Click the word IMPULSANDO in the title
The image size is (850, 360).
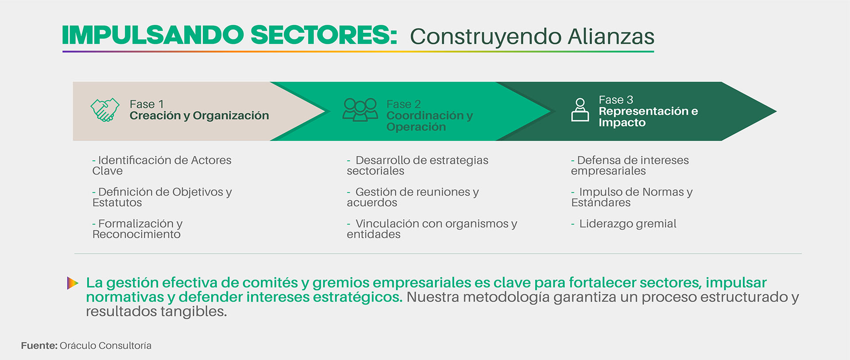point(153,35)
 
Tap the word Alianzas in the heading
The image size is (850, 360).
point(611,36)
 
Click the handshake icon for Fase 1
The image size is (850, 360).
point(105,110)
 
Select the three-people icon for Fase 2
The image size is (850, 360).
point(360,110)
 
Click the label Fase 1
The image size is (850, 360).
point(147,104)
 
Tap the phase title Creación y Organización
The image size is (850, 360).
point(199,116)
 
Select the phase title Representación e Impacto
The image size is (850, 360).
point(648,116)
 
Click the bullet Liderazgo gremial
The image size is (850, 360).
point(624,224)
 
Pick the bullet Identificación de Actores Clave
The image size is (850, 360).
point(162,165)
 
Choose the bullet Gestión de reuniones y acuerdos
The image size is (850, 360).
point(413,197)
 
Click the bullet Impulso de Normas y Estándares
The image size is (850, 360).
point(632,197)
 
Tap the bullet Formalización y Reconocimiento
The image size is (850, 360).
point(137,229)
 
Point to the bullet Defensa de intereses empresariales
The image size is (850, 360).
point(630,165)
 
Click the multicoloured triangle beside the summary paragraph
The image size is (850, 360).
point(73,283)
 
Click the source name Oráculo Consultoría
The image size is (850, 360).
point(105,345)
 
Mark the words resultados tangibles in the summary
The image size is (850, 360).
point(156,311)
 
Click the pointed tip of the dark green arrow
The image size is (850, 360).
point(777,112)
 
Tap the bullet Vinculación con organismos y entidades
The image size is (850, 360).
point(432,229)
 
